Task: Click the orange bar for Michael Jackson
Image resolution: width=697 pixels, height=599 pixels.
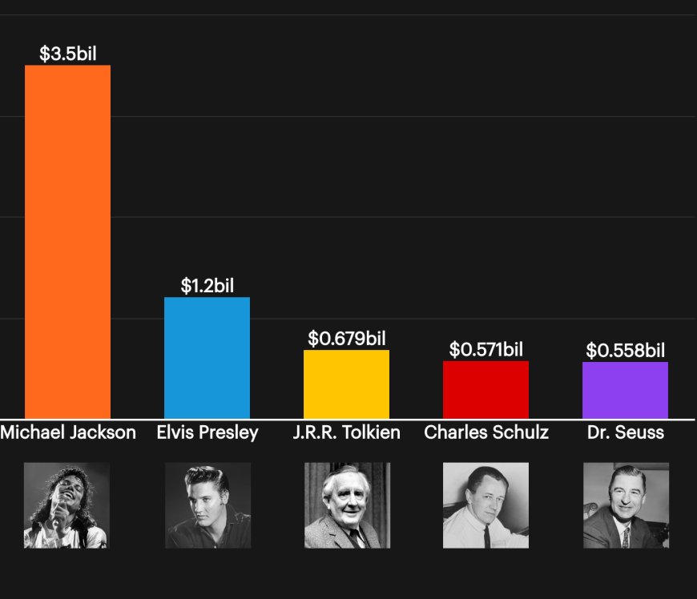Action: [x=67, y=240]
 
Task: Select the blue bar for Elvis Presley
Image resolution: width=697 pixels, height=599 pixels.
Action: [x=207, y=357]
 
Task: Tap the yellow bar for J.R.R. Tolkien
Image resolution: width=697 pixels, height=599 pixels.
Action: [x=346, y=384]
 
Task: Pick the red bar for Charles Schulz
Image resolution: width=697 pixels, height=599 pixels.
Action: [x=485, y=389]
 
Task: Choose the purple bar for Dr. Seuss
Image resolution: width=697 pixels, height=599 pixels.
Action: [x=625, y=390]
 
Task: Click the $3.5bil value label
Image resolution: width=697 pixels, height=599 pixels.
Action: [x=68, y=54]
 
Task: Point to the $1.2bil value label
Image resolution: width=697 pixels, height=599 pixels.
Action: [x=207, y=286]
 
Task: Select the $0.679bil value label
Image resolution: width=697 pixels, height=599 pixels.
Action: [x=347, y=339]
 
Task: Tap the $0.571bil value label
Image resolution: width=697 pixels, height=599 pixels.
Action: [x=486, y=350]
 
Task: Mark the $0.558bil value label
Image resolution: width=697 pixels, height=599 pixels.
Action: [x=626, y=351]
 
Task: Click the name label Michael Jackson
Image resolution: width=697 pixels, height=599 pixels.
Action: [x=68, y=432]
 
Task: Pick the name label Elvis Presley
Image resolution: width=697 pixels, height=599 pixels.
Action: [x=207, y=432]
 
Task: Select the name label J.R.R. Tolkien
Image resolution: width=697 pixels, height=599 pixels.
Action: [x=347, y=432]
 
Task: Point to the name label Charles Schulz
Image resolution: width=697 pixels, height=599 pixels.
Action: [x=486, y=432]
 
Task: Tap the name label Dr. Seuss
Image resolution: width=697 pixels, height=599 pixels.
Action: [x=626, y=432]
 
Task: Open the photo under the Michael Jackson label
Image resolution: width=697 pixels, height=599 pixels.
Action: [x=67, y=505]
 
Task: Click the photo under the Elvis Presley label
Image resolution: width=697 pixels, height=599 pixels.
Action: [x=207, y=505]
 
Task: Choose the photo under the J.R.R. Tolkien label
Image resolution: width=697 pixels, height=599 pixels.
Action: [x=347, y=505]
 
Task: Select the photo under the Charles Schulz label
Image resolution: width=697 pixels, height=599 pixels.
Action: [x=485, y=505]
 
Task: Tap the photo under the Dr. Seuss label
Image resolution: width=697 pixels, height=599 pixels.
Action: [x=626, y=505]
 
